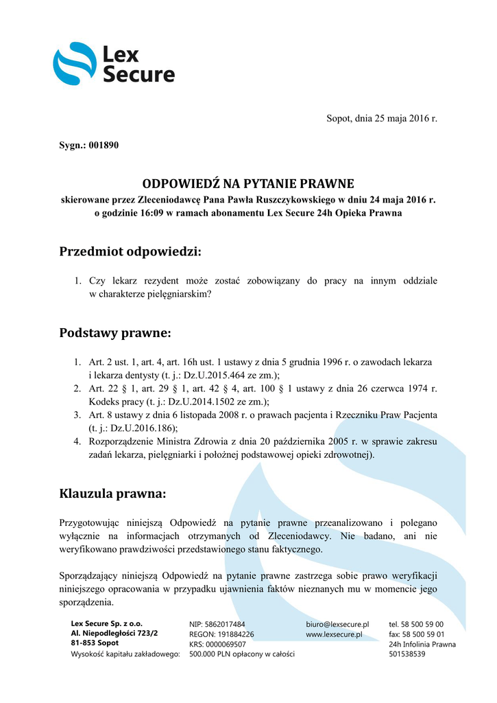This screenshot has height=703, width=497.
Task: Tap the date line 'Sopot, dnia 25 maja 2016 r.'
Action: pyautogui.click(x=382, y=118)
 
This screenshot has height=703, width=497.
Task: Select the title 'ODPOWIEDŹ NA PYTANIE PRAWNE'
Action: pyautogui.click(x=248, y=184)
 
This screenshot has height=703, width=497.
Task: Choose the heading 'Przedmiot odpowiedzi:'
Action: pyautogui.click(x=131, y=251)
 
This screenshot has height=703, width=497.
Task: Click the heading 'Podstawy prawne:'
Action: pyautogui.click(x=115, y=333)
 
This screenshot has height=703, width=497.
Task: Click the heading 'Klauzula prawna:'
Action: pyautogui.click(x=112, y=493)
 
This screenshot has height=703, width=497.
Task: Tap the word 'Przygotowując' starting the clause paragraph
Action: pyautogui.click(x=93, y=522)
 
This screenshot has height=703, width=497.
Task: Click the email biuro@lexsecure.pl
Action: pyautogui.click(x=337, y=625)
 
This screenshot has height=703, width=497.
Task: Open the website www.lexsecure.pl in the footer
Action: pyautogui.click(x=334, y=634)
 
